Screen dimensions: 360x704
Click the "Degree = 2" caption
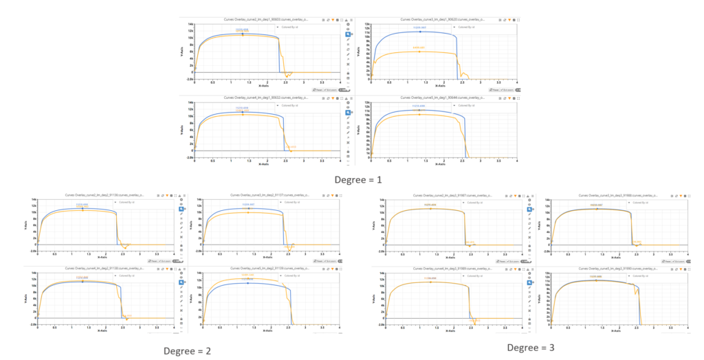186,351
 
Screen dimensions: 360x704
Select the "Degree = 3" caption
530,348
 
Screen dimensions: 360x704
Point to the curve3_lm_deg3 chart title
617,196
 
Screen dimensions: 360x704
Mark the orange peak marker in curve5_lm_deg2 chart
247,279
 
